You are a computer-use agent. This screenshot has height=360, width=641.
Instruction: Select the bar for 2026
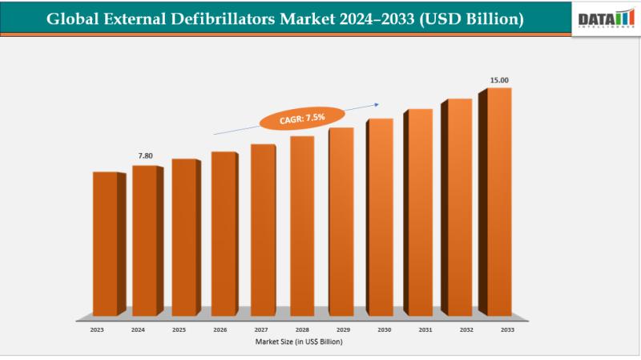[224, 233]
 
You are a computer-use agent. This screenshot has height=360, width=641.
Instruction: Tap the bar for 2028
[302, 225]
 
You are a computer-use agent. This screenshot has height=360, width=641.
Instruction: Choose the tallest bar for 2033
[499, 201]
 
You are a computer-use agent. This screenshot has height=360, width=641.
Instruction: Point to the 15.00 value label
[500, 79]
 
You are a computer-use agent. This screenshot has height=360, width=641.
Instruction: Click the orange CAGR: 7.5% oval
[302, 118]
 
